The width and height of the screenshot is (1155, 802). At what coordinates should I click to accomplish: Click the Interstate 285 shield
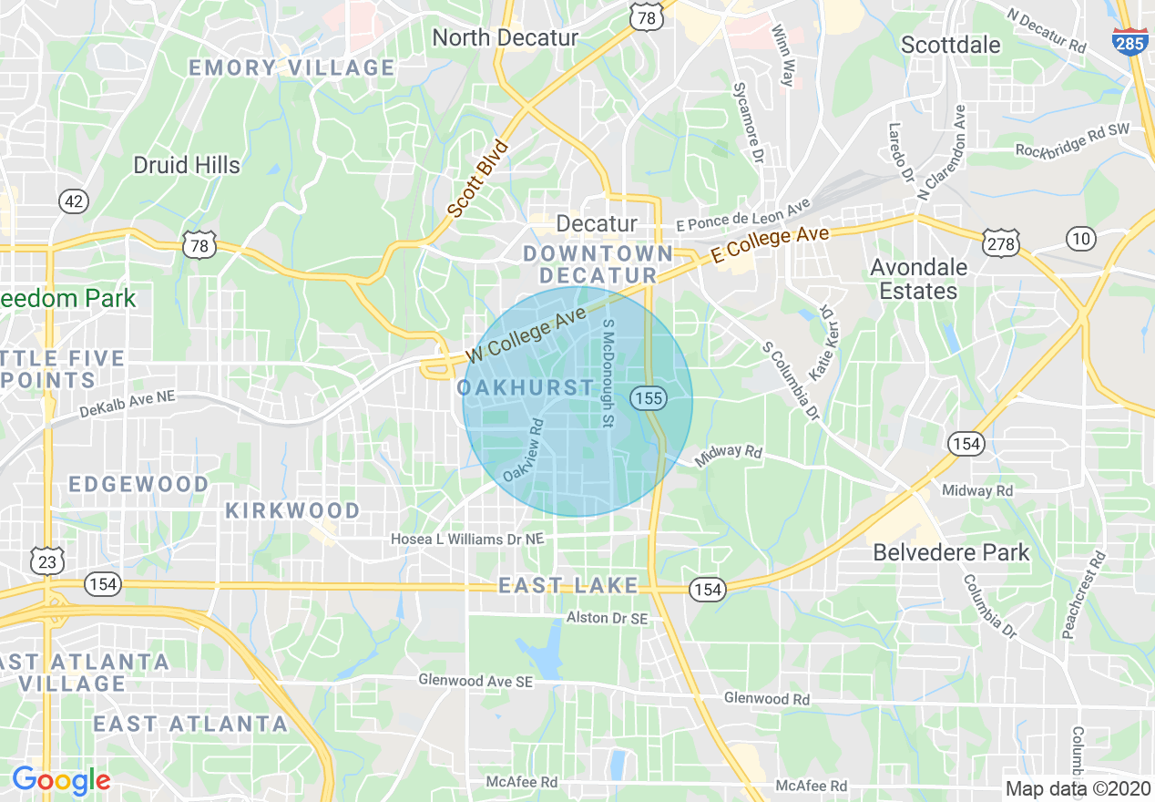[x=1129, y=41]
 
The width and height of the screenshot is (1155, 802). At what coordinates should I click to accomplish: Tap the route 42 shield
[x=72, y=200]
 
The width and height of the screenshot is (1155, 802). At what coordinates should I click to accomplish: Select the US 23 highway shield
[x=46, y=561]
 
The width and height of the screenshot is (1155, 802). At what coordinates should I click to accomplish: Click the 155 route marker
[x=648, y=397]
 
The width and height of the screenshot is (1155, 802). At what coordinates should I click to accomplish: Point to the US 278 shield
[x=1000, y=242]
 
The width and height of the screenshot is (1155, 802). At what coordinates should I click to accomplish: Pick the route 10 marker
[x=1080, y=240]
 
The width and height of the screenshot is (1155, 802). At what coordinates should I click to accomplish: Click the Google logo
[x=61, y=780]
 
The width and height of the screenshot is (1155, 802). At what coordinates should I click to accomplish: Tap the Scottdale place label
[x=950, y=45]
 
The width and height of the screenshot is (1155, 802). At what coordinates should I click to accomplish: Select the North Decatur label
[x=505, y=37]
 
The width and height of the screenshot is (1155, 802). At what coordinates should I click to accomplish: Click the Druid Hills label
[x=187, y=165]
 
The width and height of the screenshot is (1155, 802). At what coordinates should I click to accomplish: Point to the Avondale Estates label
[x=918, y=279]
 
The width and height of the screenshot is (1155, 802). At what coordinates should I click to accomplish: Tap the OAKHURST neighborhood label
[x=526, y=388]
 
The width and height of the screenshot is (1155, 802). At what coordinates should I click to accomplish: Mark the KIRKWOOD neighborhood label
[x=292, y=510]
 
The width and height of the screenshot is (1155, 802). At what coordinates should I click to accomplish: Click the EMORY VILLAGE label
[x=291, y=67]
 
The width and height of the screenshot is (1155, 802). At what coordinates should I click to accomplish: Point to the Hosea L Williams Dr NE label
[x=467, y=540]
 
